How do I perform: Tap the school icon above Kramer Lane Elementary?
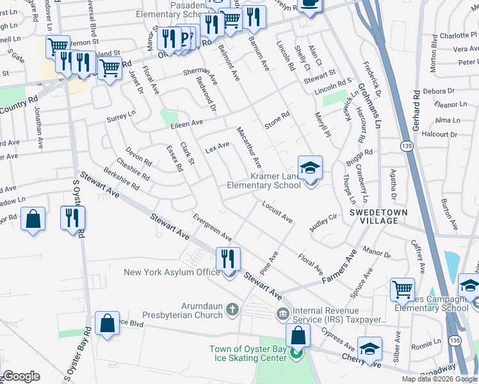coord(311,168)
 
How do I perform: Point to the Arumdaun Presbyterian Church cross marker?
coord(232,310)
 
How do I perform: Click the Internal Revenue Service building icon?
coord(282,314)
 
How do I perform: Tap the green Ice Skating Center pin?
coord(296,353)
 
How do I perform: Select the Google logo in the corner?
coord(21,376)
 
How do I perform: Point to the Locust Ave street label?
coord(277,212)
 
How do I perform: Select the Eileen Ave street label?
coord(186,122)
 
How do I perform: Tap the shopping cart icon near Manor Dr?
coord(402,289)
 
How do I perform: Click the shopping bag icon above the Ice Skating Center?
coord(298,335)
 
